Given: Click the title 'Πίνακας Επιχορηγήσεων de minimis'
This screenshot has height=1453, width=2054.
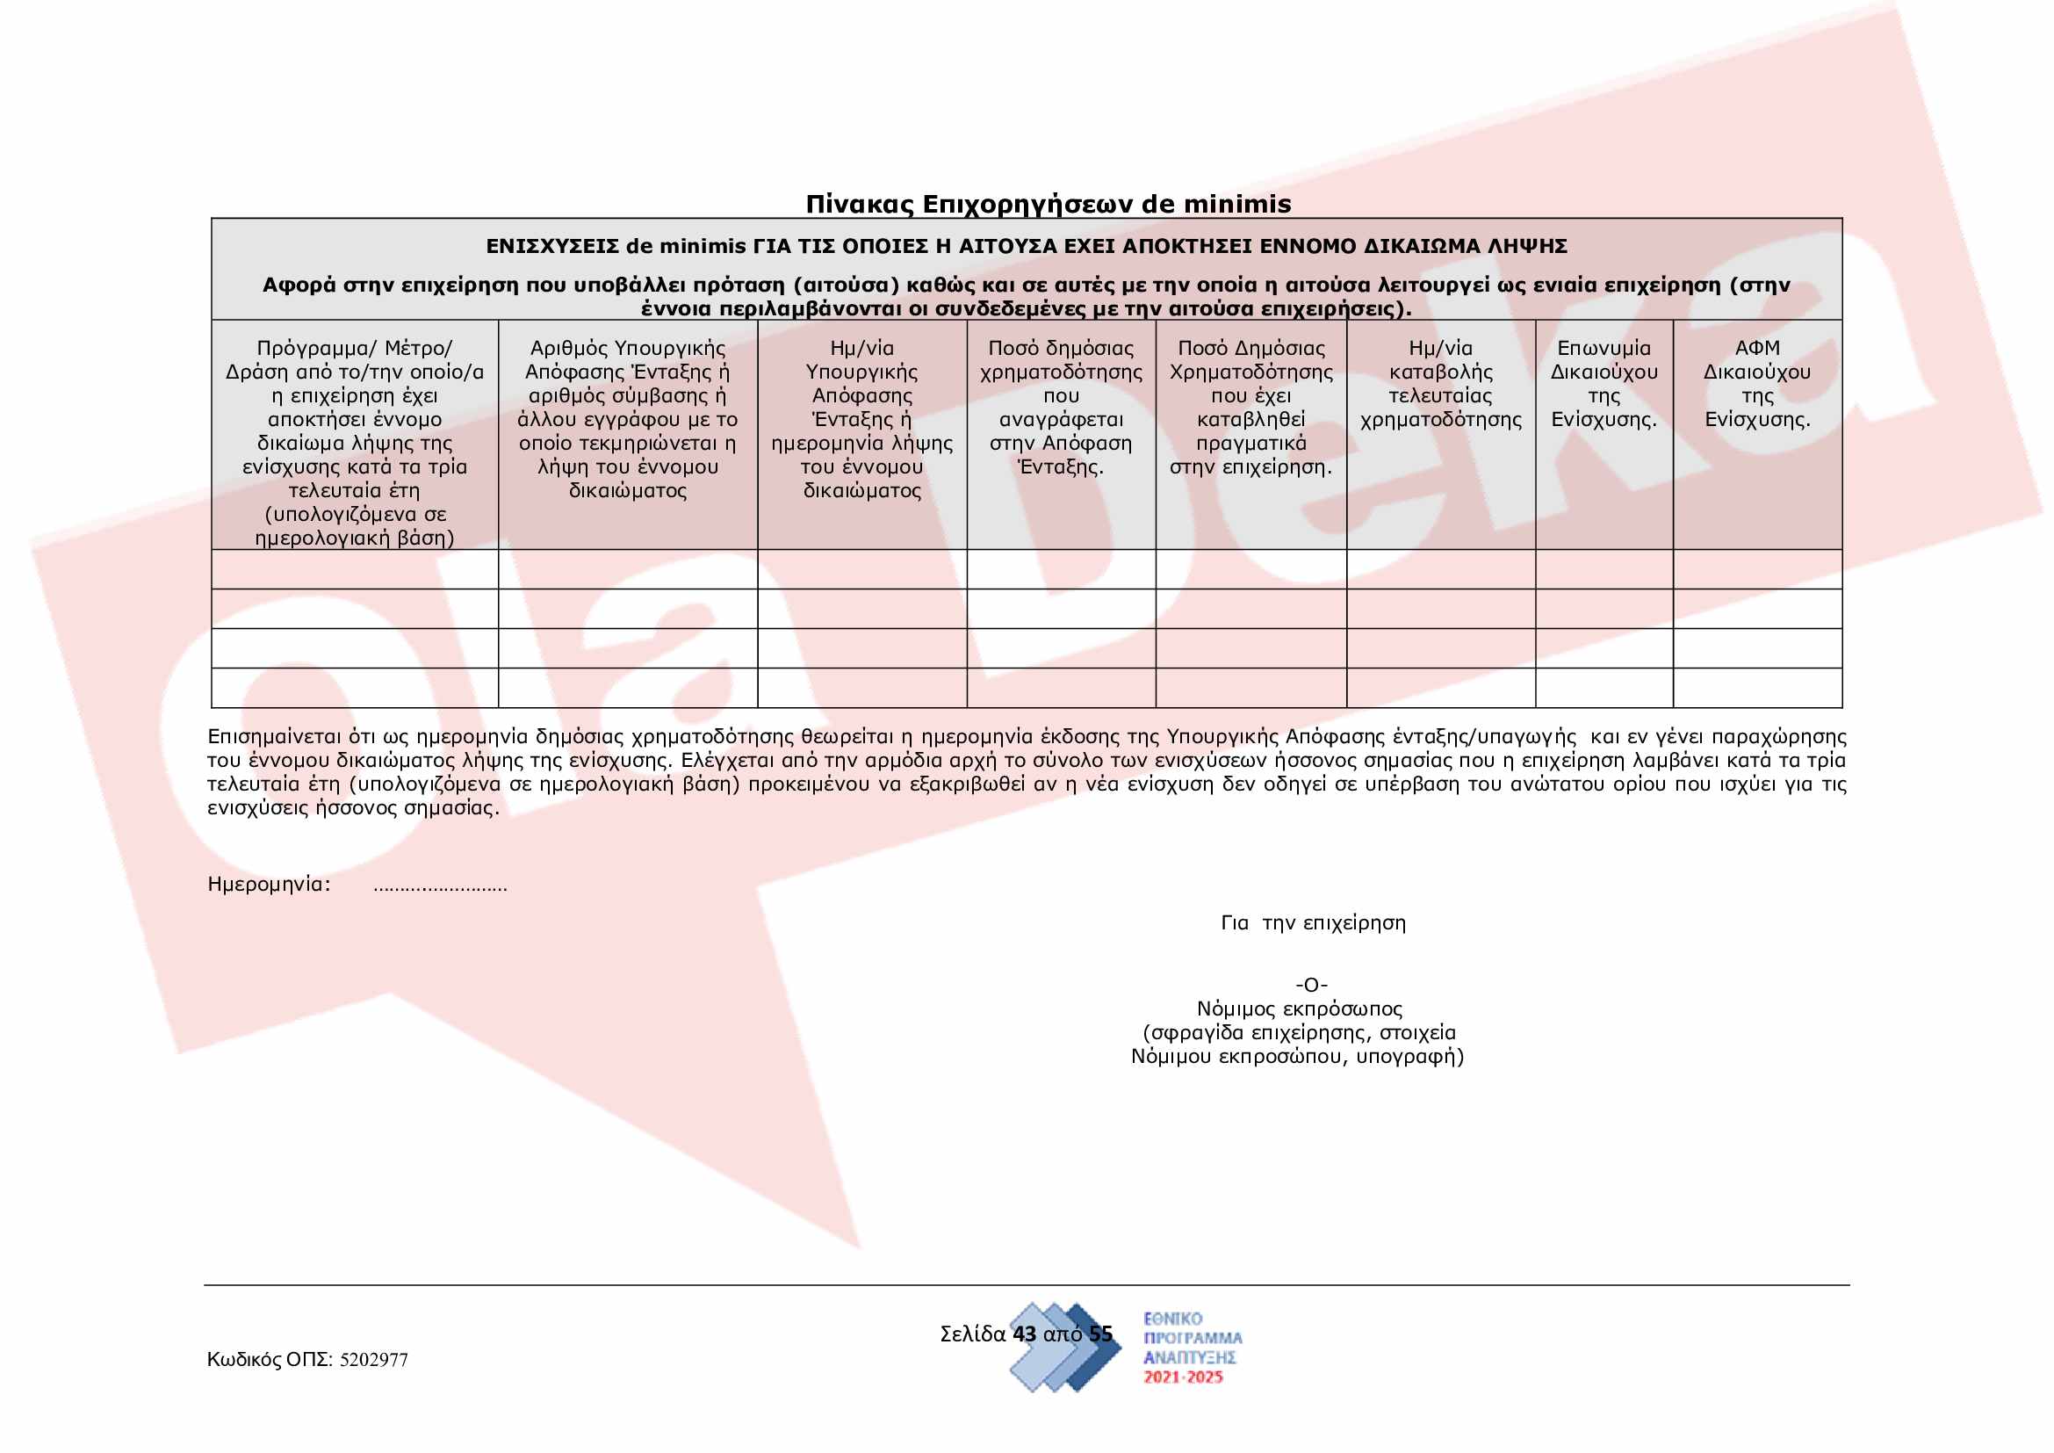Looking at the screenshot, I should (1049, 204).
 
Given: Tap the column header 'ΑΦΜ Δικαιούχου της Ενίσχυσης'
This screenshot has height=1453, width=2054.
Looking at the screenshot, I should (1757, 384).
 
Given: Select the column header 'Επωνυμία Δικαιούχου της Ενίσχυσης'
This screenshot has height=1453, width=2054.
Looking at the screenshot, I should (1604, 384).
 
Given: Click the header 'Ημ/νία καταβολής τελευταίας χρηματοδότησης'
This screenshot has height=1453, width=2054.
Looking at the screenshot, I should (1440, 384).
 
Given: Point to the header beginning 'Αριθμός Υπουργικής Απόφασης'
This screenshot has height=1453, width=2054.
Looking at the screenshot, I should (627, 419).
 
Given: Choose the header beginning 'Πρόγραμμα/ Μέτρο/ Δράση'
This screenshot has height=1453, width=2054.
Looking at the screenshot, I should (354, 442).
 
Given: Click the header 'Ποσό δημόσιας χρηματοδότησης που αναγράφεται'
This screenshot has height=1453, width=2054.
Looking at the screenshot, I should (1061, 407).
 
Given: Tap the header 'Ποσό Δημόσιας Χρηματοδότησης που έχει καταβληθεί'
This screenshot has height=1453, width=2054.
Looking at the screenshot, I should (1250, 407).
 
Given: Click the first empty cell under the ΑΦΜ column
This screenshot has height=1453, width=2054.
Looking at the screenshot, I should (1757, 569).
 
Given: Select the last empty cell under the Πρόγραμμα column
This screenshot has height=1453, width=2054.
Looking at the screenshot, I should (354, 688).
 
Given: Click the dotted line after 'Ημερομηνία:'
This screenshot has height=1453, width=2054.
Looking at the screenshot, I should (440, 886).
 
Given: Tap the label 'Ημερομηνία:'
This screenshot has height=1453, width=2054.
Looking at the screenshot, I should (269, 885).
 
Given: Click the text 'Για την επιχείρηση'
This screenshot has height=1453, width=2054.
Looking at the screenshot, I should (1313, 923).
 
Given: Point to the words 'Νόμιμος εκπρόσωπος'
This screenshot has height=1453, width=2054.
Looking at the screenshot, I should (1299, 1009).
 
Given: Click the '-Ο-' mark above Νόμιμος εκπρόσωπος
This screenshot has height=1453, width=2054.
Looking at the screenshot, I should (1311, 985).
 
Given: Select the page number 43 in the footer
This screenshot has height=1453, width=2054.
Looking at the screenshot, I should (1024, 1334).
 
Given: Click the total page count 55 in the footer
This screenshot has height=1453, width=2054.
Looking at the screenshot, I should (1100, 1334).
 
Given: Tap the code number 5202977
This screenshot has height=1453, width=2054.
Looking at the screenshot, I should (374, 1360).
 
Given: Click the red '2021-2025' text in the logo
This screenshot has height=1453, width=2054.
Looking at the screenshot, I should (1183, 1377).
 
